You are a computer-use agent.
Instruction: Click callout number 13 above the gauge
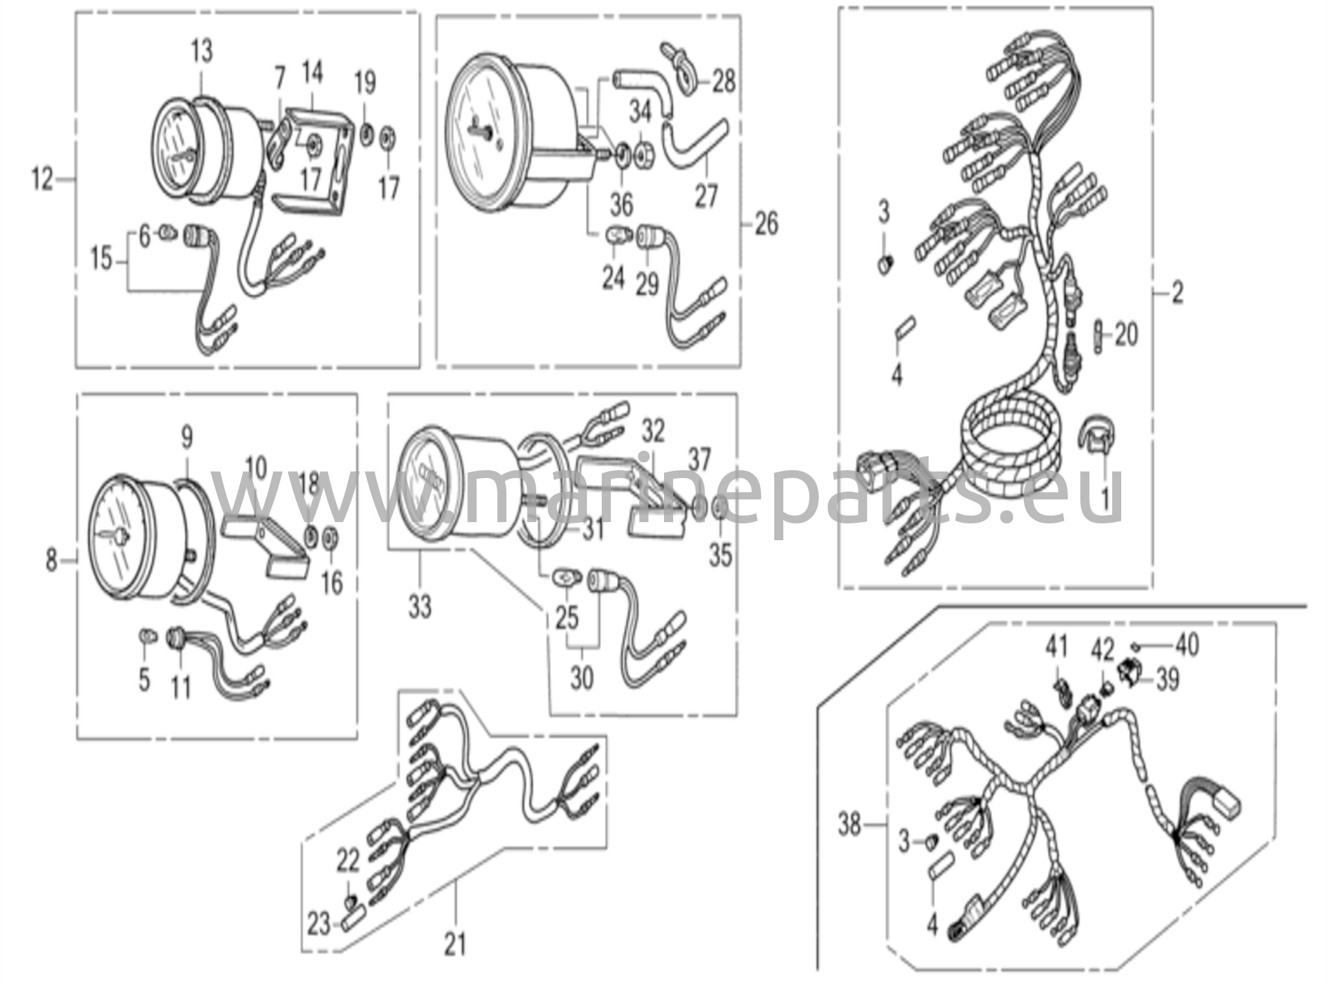(x=202, y=51)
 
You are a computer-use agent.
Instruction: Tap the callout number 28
(x=724, y=82)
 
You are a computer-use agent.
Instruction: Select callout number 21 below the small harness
(x=455, y=944)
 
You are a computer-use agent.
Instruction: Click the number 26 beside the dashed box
(x=766, y=224)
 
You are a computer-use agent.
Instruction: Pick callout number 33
(x=420, y=607)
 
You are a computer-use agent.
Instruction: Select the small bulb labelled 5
(x=147, y=635)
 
